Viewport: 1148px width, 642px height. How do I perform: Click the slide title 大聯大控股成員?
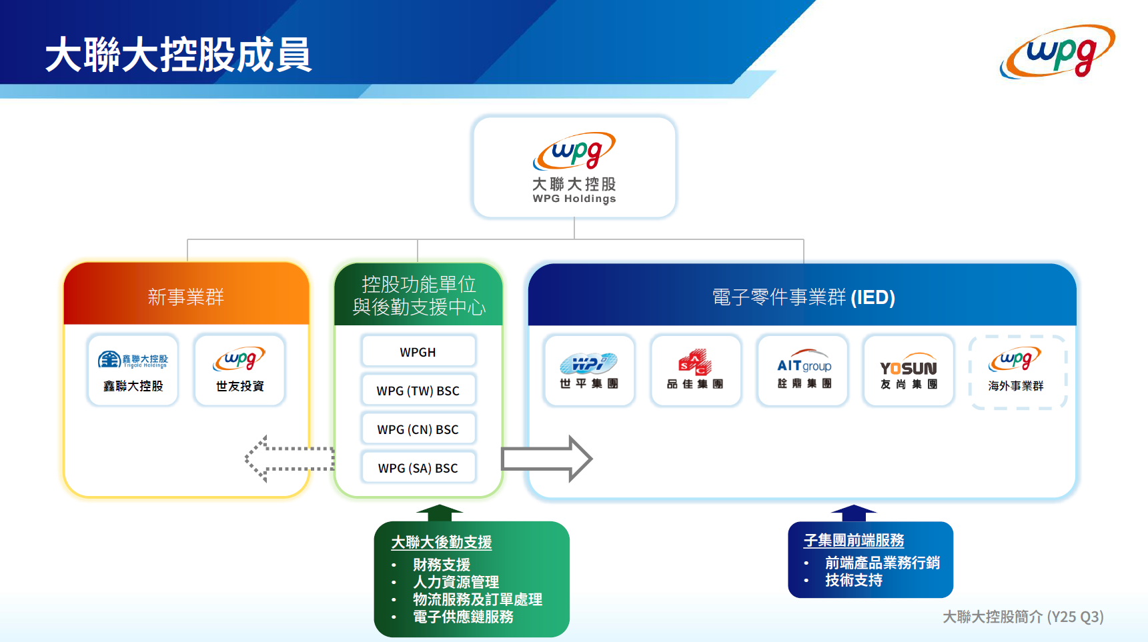point(178,55)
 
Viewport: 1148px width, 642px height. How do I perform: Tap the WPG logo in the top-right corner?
point(1057,52)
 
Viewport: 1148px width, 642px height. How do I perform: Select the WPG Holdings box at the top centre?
point(574,167)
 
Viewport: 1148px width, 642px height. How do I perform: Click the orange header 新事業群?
point(186,297)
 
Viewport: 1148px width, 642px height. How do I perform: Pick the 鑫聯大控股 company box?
point(133,370)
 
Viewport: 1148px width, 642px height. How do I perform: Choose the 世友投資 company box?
point(239,370)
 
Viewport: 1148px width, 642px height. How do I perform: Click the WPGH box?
point(418,352)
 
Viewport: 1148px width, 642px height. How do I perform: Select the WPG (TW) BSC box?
point(418,391)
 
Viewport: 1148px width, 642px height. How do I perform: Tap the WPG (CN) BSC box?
point(418,429)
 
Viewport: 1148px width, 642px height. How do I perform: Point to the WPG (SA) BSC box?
point(418,468)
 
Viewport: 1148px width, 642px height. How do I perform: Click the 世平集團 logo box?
point(589,371)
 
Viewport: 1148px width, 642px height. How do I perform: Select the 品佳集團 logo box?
point(695,371)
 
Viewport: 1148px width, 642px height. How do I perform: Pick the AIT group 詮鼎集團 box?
point(802,371)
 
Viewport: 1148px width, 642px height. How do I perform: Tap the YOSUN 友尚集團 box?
point(909,371)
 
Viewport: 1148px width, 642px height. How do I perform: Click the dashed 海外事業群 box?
point(1017,371)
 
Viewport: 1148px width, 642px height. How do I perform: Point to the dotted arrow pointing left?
point(289,459)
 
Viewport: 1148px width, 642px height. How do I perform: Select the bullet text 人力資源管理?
point(456,582)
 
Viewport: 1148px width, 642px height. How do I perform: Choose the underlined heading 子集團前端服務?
point(854,541)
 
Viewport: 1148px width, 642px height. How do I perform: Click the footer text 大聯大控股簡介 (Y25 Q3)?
point(1023,617)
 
